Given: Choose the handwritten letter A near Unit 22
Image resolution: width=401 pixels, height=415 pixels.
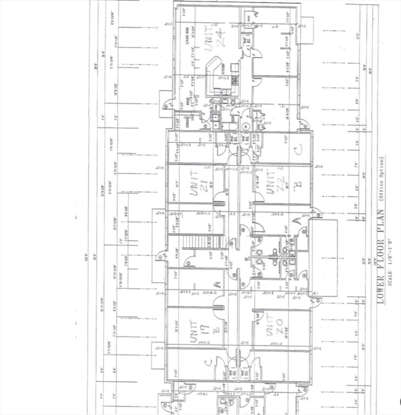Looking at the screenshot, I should (295, 222).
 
